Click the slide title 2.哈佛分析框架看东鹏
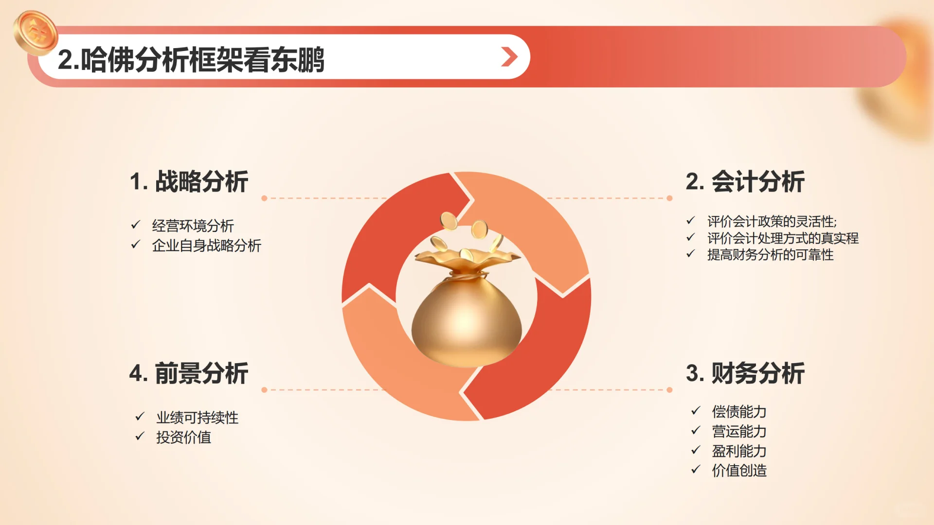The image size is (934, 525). [191, 60]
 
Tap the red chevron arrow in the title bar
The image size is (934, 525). [509, 57]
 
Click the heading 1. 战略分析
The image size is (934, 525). [189, 182]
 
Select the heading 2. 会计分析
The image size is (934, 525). [745, 182]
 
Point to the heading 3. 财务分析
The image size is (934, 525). [745, 373]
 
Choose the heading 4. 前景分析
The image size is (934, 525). [189, 373]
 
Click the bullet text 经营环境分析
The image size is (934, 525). [193, 226]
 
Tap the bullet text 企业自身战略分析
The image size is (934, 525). [206, 245]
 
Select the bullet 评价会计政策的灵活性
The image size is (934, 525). [772, 222]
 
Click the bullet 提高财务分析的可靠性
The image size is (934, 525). [770, 255]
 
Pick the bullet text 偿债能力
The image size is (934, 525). [739, 412]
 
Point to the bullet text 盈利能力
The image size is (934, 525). [739, 451]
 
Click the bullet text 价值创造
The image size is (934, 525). [739, 471]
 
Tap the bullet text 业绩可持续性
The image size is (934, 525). [197, 418]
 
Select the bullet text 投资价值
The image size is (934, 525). [183, 437]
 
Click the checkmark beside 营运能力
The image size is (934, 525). [696, 431]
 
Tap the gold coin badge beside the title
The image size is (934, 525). [36, 32]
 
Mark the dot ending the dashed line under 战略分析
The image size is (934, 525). [264, 198]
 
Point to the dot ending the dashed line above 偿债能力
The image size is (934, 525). [670, 390]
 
